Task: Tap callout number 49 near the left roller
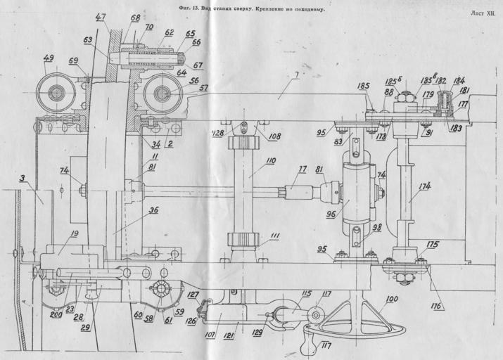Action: point(49,58)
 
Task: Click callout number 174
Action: point(424,186)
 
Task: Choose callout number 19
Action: point(73,235)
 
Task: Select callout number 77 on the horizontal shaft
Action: point(303,169)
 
